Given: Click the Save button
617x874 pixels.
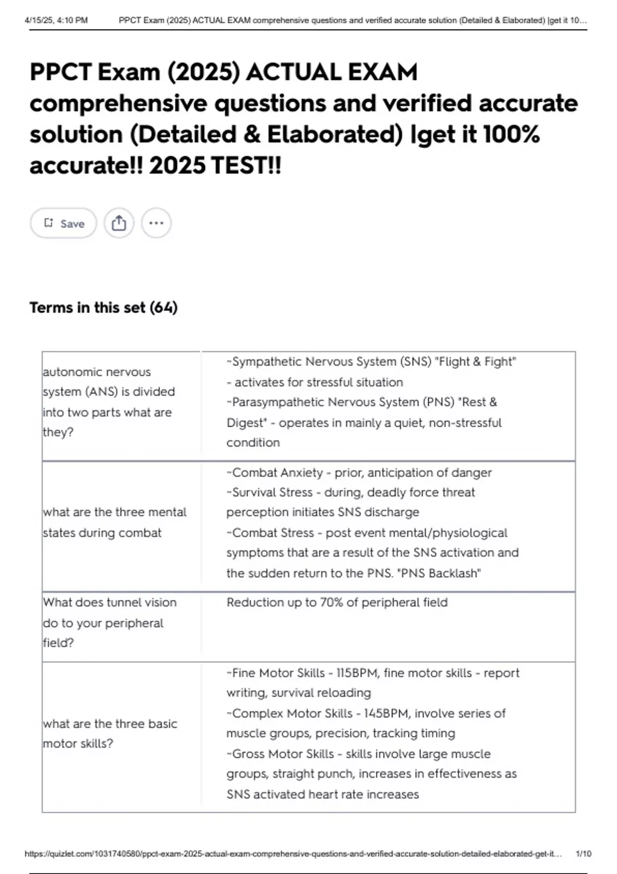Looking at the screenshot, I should point(63,223).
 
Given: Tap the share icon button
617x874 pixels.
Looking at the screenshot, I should point(119,223).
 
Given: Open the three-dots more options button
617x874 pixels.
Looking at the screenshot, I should point(156,223).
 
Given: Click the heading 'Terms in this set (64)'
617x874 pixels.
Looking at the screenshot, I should point(103,307).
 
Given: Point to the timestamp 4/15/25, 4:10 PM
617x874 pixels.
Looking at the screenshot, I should point(56,21).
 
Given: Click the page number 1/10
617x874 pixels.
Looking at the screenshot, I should point(583,854).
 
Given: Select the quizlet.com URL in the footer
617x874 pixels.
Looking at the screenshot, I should point(293,854).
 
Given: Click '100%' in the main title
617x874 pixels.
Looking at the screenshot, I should point(511,135).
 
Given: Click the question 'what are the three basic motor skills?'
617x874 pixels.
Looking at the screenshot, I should point(110,734).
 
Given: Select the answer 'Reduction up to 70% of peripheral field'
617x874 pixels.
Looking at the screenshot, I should point(337,603).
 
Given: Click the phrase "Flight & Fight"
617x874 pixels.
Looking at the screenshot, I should point(475,362).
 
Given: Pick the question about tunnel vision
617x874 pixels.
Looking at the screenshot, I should point(110,623).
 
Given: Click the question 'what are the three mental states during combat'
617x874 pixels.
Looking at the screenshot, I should point(114,522).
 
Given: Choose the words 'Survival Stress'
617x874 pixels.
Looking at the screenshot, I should point(272,493).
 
